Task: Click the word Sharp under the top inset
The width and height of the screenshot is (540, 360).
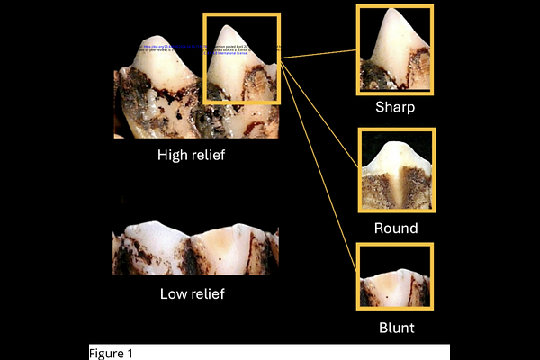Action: point(396,107)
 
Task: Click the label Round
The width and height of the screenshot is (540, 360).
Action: point(396,229)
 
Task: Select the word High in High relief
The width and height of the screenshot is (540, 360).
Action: point(174,155)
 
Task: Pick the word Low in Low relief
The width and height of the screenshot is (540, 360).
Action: point(175,293)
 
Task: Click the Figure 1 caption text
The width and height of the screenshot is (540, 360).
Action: point(111,353)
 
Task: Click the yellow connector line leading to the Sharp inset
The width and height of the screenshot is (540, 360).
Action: point(319,56)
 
